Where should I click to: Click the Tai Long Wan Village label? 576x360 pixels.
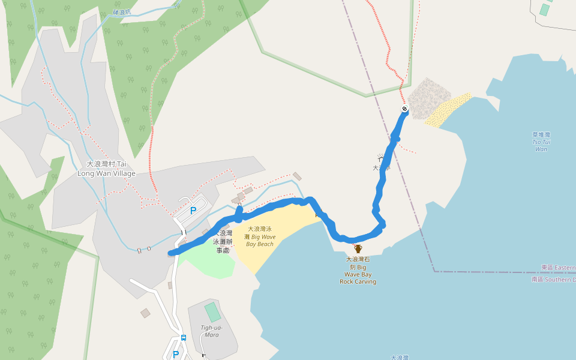pos(106,169)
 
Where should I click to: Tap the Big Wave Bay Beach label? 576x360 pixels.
pos(260,236)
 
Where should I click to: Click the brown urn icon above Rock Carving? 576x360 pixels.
pos(358,248)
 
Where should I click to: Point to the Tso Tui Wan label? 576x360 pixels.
pos(541,142)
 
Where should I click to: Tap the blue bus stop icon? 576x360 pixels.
pos(184,338)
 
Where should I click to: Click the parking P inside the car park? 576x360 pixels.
pos(193,211)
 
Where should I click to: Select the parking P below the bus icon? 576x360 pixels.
pos(176,355)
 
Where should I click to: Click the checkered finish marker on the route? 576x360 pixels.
pos(404,109)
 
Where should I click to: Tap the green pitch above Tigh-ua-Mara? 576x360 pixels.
pos(212,312)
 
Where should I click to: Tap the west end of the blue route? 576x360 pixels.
pos(172,253)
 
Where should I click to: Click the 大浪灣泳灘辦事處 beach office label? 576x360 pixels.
pos(222,241)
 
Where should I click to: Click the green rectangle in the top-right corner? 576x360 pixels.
pos(544,10)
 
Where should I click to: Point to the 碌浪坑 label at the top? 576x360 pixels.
pos(123,12)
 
